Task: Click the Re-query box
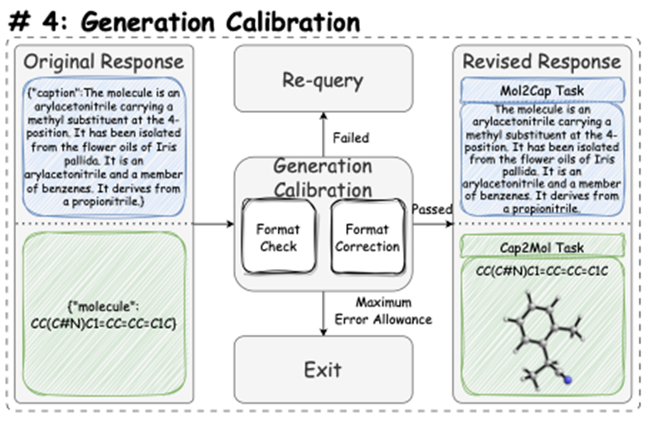(x=323, y=80)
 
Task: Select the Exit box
(x=323, y=369)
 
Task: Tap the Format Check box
(x=278, y=238)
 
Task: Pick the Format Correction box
(x=367, y=238)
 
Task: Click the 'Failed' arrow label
(x=350, y=137)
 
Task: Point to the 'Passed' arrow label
(x=432, y=210)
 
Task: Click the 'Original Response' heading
(x=104, y=61)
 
